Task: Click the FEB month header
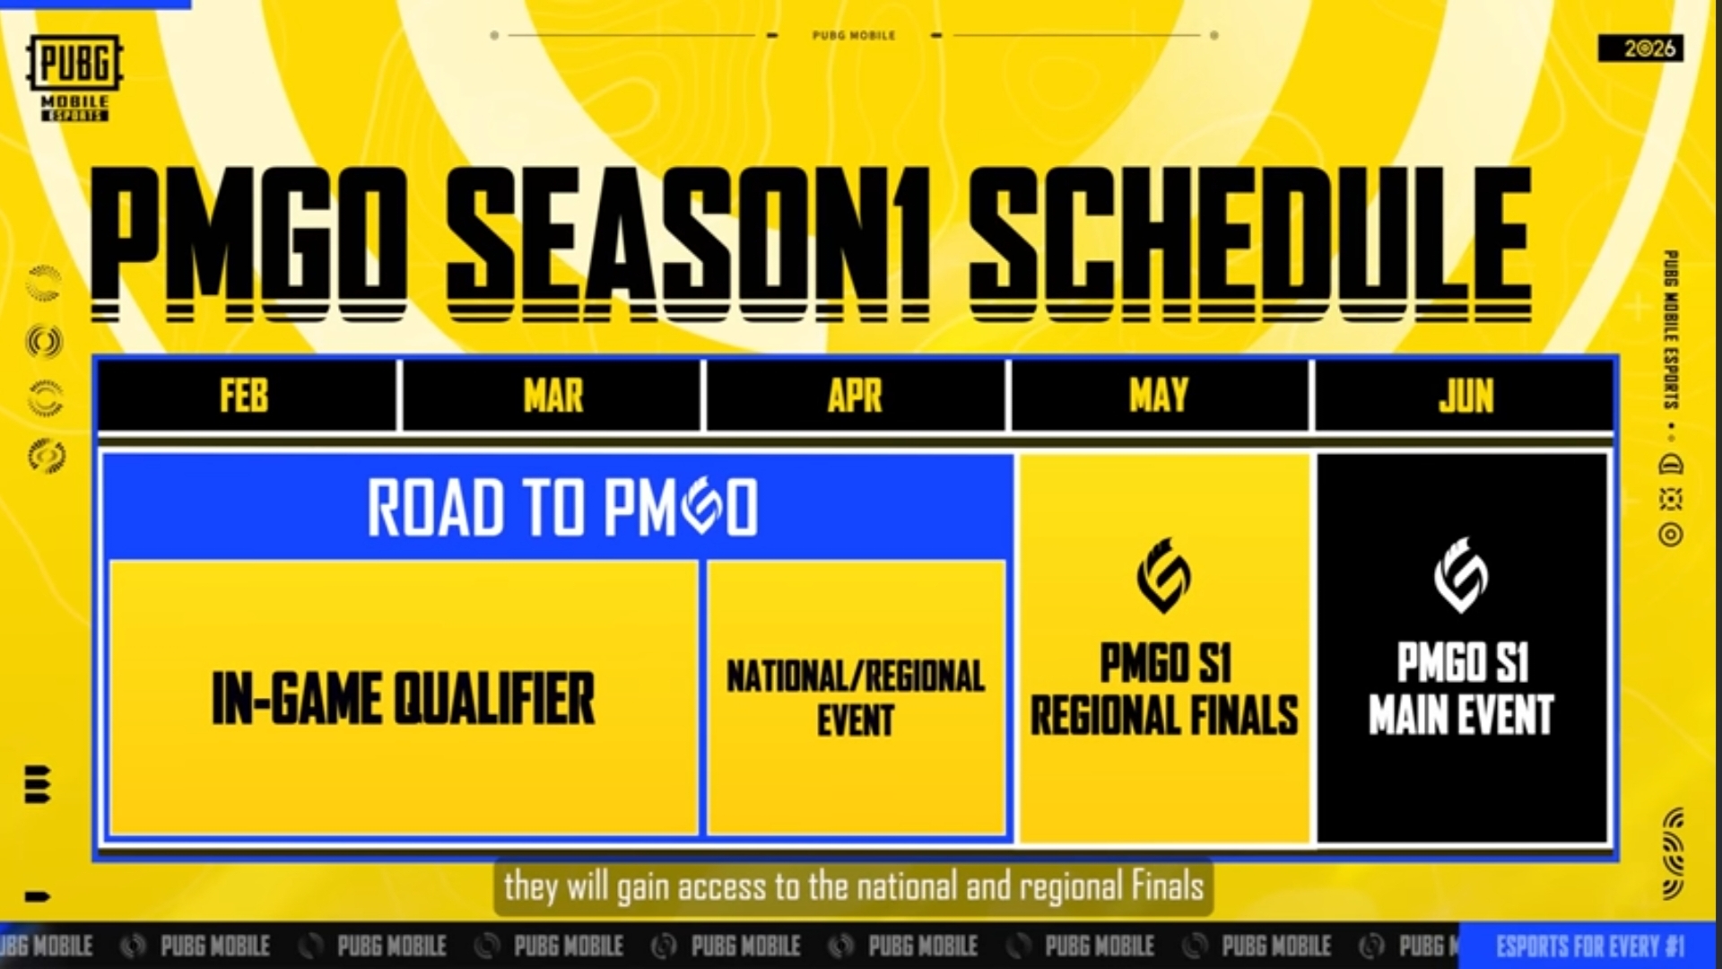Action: pyautogui.click(x=244, y=396)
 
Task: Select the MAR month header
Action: pyautogui.click(x=552, y=396)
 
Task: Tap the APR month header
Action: pyautogui.click(x=855, y=396)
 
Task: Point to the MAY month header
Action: pyautogui.click(x=1159, y=396)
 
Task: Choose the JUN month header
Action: pyautogui.click(x=1465, y=396)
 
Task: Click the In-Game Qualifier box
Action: pyautogui.click(x=404, y=698)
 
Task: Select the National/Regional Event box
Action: pyautogui.click(x=856, y=698)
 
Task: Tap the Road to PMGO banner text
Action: pyautogui.click(x=562, y=507)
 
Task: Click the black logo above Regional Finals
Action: pyautogui.click(x=1164, y=575)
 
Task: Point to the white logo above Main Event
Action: pyautogui.click(x=1461, y=575)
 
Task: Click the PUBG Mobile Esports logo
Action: pyautogui.click(x=75, y=78)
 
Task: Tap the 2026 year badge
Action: pyautogui.click(x=1640, y=48)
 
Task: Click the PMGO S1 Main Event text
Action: pyautogui.click(x=1461, y=689)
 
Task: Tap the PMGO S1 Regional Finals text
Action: pyautogui.click(x=1164, y=689)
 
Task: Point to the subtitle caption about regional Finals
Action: pyautogui.click(x=854, y=887)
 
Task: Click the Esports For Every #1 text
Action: pyautogui.click(x=1590, y=947)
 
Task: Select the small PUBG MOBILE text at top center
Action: pyautogui.click(x=854, y=36)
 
